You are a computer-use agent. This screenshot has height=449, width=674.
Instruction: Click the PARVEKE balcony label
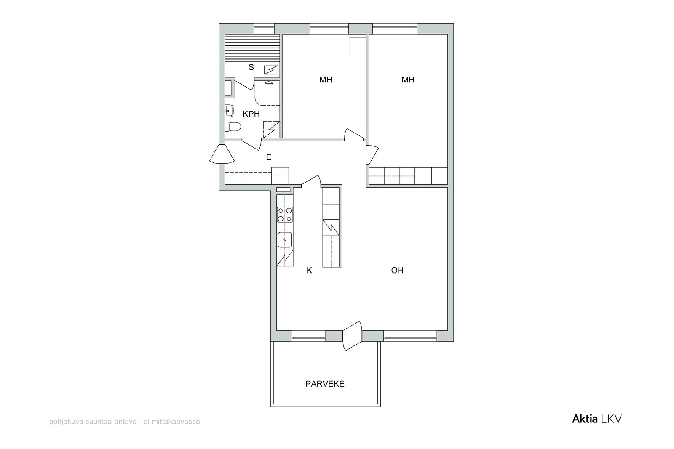[x=325, y=384]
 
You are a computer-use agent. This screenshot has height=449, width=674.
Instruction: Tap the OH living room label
[x=397, y=271]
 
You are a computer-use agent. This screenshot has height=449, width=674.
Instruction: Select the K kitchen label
[x=309, y=271]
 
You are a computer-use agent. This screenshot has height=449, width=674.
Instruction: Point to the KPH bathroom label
[x=251, y=114]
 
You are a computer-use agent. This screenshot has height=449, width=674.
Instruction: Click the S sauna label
[x=251, y=67]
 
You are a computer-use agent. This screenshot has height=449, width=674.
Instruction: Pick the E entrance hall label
[x=269, y=157]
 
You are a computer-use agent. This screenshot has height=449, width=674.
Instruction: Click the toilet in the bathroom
[x=233, y=127]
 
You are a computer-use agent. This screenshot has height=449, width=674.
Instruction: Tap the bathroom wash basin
[x=229, y=111]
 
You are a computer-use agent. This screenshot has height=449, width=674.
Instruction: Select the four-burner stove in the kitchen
[x=285, y=215]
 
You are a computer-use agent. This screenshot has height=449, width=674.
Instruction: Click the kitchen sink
[x=285, y=239]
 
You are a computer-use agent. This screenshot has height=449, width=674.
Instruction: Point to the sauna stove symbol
[x=271, y=70]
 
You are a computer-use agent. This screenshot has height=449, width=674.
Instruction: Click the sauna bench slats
[x=252, y=48]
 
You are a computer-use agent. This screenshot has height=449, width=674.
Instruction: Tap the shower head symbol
[x=269, y=83]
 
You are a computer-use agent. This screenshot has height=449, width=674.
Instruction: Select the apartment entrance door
[x=222, y=154]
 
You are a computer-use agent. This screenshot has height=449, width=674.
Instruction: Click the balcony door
[x=352, y=336]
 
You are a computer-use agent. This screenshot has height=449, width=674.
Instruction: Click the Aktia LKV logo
[x=596, y=419]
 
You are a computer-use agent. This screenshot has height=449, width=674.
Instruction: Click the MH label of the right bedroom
[x=408, y=80]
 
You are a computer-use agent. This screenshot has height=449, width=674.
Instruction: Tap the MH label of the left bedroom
[x=326, y=80]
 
